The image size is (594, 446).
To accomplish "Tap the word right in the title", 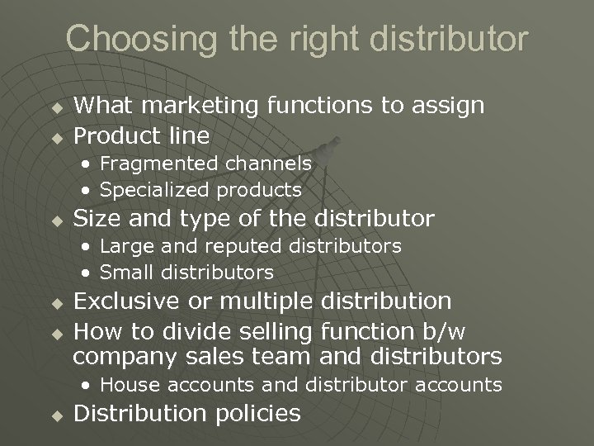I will [x=298, y=39].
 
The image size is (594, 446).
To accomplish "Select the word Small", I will [x=128, y=271].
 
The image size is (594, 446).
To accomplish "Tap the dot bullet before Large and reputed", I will [x=87, y=246].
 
